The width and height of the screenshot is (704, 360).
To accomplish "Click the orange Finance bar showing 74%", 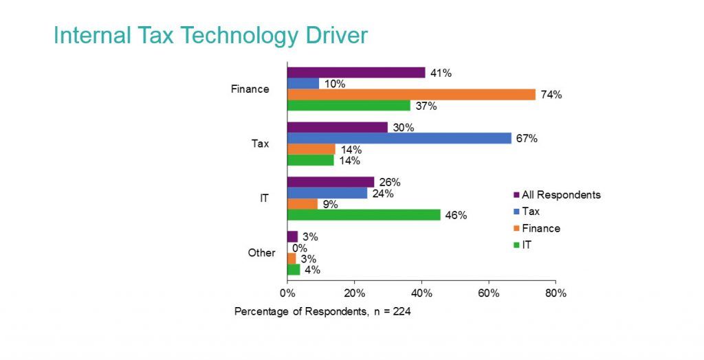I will (x=411, y=95).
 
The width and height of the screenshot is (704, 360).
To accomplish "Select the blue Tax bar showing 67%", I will (x=399, y=138).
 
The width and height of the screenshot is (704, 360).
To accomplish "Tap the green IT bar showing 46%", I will (x=364, y=215).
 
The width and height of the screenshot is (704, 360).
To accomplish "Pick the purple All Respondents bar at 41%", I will (x=356, y=73).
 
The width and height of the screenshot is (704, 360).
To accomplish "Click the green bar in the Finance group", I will (x=349, y=106).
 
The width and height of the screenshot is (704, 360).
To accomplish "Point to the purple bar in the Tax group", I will (x=337, y=127).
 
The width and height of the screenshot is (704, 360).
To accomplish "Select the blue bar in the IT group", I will (x=327, y=193).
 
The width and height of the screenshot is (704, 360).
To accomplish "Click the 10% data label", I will (x=336, y=84).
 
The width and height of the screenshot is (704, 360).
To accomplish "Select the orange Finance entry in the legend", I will (x=540, y=228).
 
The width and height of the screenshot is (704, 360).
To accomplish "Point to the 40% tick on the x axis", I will (x=421, y=293).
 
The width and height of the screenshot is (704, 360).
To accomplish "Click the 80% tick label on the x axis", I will (x=555, y=293).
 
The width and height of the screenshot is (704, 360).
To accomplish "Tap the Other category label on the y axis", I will (x=261, y=253).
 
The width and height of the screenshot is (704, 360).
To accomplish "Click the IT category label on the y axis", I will (x=264, y=199).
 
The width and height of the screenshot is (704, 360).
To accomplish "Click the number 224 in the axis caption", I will (x=401, y=311).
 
